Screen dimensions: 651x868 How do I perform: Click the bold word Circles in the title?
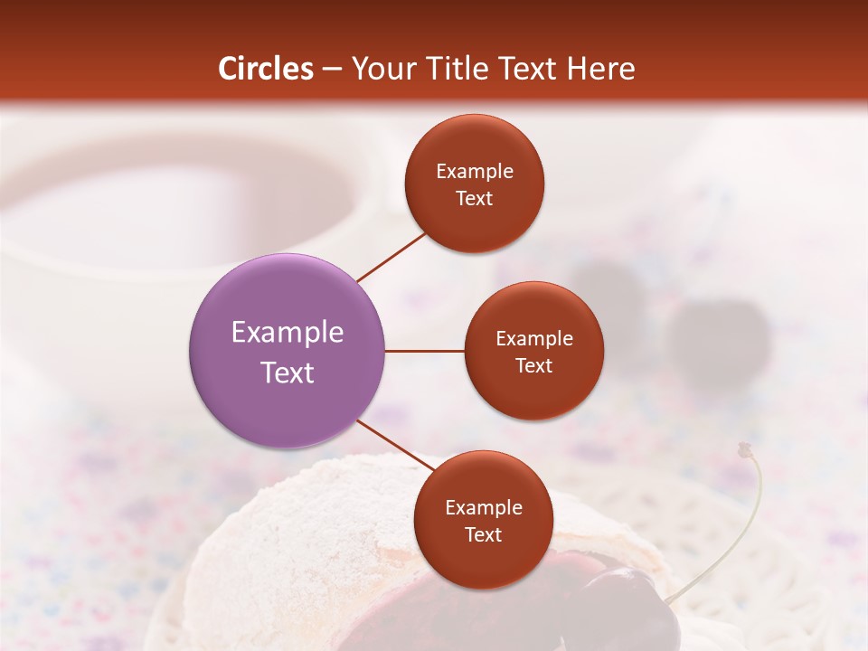pos(266,69)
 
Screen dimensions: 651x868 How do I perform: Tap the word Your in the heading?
pos(380,70)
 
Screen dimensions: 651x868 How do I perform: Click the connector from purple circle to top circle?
pos(392,257)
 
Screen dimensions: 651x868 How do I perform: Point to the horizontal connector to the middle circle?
pos(425,351)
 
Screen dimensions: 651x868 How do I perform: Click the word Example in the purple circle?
pos(288,333)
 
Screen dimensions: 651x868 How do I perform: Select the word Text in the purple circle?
pos(288,373)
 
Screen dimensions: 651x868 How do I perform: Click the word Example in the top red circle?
pos(475,171)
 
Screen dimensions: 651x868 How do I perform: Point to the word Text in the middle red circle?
pos(533,365)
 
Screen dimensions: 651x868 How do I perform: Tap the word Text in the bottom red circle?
pos(483,534)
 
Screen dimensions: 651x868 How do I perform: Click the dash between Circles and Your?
pos(332,70)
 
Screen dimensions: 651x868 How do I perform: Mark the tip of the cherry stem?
pos(745,448)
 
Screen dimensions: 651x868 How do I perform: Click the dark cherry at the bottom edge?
pos(628,615)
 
